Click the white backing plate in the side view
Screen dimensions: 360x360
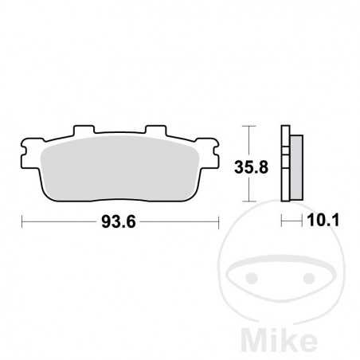(284, 166)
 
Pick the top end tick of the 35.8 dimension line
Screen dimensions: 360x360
(252, 126)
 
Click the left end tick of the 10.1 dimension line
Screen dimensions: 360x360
(282, 223)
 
